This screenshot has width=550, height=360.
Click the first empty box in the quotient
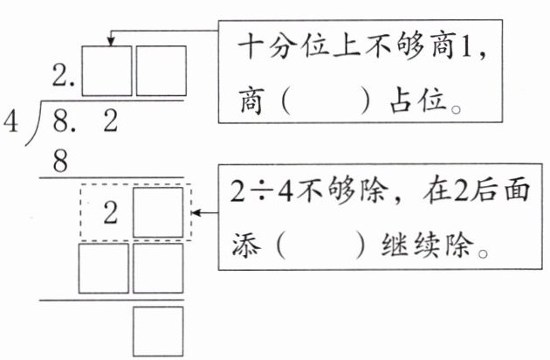(107, 71)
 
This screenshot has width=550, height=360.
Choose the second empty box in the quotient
(161, 71)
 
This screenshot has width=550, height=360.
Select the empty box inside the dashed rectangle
(158, 211)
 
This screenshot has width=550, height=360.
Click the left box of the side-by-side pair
(104, 267)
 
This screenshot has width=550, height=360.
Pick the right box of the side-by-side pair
(158, 267)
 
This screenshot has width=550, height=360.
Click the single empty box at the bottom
(158, 330)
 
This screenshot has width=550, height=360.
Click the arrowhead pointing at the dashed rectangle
(198, 212)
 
